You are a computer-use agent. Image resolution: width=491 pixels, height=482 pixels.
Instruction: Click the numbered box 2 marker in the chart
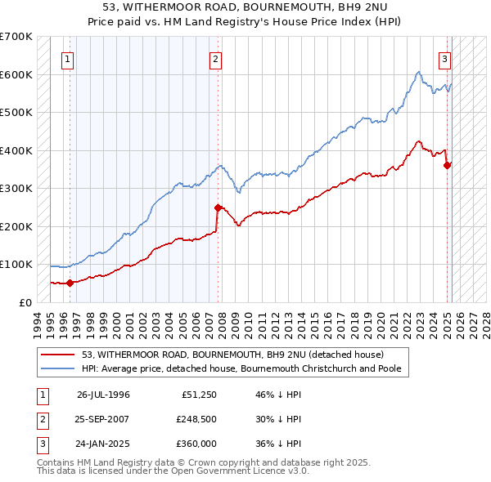(x=214, y=59)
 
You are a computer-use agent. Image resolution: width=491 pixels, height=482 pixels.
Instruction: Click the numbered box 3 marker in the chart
(x=444, y=59)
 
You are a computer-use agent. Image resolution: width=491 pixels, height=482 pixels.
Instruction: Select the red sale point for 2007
(x=218, y=208)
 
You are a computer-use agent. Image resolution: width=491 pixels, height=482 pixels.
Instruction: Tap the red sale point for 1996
(x=70, y=283)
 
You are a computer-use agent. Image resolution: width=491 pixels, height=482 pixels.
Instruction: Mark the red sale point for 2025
(x=448, y=165)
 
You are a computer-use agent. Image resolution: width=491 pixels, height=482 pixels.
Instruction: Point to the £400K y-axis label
(x=16, y=150)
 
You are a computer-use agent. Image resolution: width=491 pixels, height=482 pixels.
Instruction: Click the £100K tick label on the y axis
(x=16, y=265)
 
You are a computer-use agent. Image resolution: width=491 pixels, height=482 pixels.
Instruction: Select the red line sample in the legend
(x=58, y=355)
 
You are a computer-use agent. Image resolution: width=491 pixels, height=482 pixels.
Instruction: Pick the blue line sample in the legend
(x=58, y=368)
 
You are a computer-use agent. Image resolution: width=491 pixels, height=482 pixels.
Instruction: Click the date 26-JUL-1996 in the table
(x=103, y=394)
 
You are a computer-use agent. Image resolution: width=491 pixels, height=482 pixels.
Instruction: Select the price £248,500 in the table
(x=196, y=419)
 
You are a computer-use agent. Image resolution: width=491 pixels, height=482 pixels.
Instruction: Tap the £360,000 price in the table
(x=196, y=444)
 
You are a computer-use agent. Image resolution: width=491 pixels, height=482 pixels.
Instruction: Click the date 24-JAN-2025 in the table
(x=103, y=444)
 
